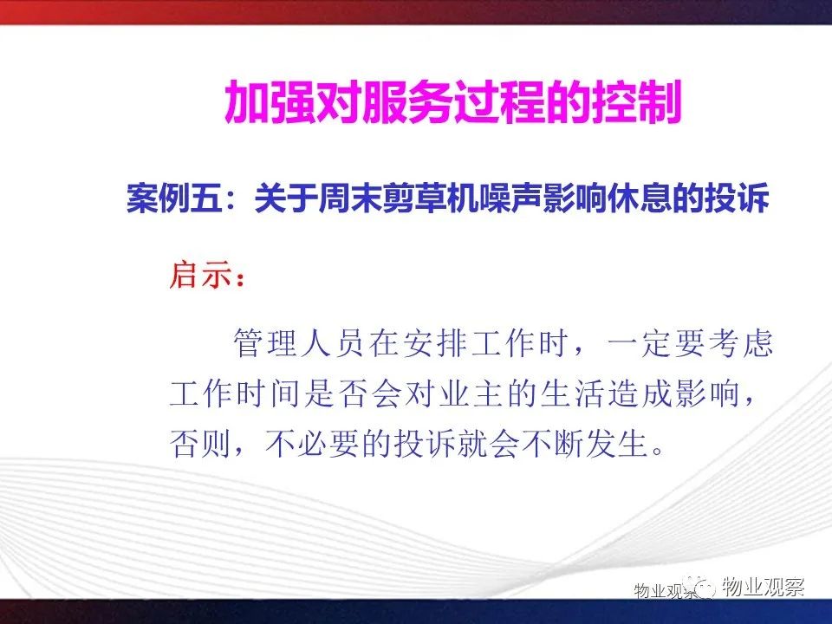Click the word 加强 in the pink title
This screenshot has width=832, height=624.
click(270, 102)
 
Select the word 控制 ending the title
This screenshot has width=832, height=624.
click(635, 102)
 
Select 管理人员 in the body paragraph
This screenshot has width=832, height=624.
click(299, 344)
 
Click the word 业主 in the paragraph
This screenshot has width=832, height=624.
click(470, 393)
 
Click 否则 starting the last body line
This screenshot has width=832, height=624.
click(200, 443)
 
